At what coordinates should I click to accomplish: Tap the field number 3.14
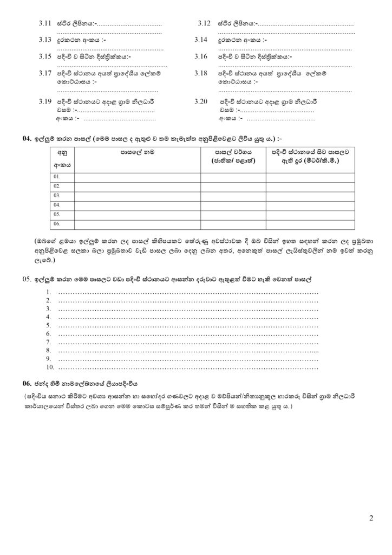point(200,40)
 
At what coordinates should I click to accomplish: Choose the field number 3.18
point(200,73)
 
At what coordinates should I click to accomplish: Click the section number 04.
point(27,138)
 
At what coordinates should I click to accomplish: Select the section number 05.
point(28,278)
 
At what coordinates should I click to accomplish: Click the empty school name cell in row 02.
point(138,186)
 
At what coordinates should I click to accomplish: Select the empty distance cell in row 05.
point(310,214)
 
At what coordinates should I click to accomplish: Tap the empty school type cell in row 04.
point(233,205)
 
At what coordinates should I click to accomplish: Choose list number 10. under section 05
point(48,367)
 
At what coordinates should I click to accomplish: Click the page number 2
point(371,518)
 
